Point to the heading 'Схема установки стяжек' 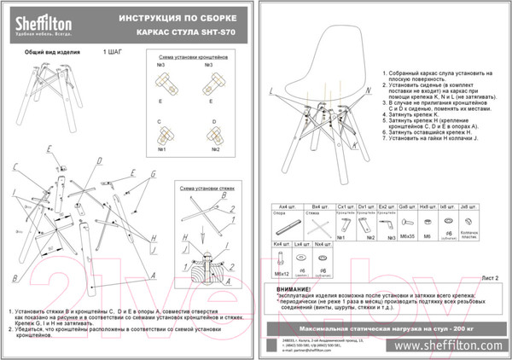(x=202, y=185)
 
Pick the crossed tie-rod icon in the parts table (x=321, y=225)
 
